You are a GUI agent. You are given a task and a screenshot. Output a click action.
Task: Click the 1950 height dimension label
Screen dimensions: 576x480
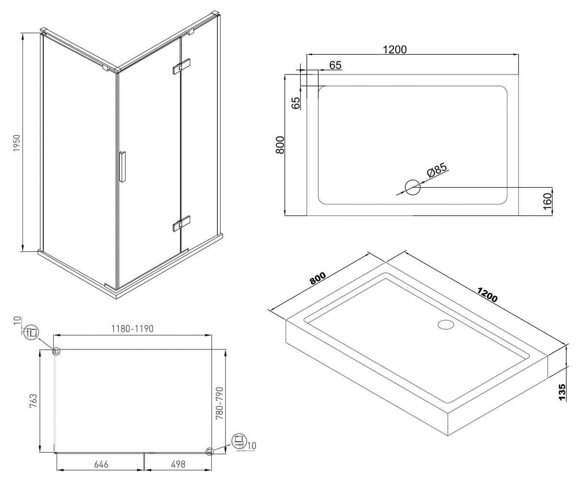coord(17,143)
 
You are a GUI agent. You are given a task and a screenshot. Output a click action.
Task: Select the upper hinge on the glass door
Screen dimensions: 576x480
coord(181,67)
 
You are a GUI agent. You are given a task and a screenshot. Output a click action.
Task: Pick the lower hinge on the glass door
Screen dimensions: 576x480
coord(181,223)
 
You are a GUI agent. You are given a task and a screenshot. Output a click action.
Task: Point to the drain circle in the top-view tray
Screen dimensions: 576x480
coord(412,188)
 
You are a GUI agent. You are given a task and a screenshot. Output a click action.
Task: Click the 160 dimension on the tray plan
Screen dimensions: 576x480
coord(547,202)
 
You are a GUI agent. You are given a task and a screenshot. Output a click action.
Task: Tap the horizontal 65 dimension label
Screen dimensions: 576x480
coord(335,65)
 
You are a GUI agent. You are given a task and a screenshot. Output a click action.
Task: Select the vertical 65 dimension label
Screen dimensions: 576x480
coord(295,103)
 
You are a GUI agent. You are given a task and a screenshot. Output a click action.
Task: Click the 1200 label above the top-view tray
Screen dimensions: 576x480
coord(395,49)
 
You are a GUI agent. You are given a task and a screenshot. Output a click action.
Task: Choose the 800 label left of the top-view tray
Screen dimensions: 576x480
coord(280,145)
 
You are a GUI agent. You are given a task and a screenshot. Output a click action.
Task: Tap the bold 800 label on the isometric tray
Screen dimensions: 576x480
coord(318,278)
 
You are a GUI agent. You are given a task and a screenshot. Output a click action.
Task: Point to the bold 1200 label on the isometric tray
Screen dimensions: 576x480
coord(487,295)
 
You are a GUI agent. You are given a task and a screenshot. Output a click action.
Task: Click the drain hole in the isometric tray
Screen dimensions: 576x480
coord(445,324)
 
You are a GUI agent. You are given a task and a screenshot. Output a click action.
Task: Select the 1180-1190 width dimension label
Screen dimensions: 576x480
coord(132,329)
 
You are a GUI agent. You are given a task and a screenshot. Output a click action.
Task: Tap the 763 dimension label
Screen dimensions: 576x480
coord(33,401)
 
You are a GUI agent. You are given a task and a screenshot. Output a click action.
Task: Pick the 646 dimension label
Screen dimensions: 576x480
coord(101,464)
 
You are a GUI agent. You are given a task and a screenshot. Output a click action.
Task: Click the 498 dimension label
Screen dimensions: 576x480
coord(178,464)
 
